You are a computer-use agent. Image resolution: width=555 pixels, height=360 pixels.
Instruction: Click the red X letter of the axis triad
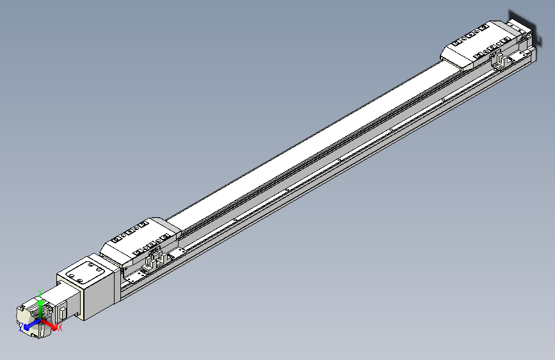point(60,328)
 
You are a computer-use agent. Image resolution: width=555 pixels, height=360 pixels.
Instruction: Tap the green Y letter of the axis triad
point(40,293)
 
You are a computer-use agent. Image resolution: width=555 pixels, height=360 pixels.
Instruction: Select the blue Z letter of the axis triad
point(21,327)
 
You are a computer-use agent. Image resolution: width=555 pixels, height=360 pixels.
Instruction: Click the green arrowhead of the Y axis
point(41,303)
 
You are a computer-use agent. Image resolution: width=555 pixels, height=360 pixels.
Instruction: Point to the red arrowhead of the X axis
point(54,327)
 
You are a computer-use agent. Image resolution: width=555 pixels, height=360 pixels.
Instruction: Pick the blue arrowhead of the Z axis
point(27,327)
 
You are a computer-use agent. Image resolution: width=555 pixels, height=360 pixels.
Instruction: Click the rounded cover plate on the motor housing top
point(85,272)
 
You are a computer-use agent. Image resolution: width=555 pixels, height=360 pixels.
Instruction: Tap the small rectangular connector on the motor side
point(63,313)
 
